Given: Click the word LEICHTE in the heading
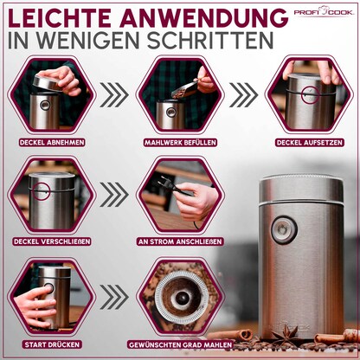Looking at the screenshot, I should pyautogui.click(x=67, y=18).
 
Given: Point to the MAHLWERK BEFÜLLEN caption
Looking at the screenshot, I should pyautogui.click(x=177, y=141).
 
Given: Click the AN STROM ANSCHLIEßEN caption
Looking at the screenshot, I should pyautogui.click(x=177, y=243).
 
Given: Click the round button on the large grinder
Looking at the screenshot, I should pyautogui.click(x=281, y=231).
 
